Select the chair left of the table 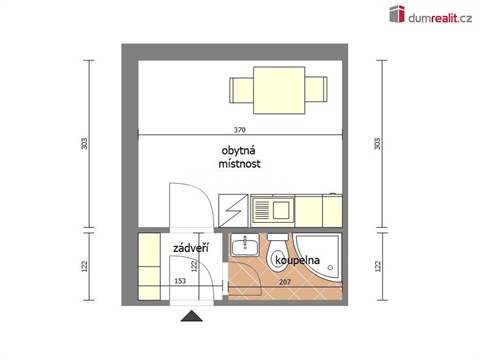point(241,90)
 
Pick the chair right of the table point(315,90)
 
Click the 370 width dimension point(239,130)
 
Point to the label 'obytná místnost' point(240,159)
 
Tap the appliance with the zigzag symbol point(232,211)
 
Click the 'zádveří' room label point(190,247)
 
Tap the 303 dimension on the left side point(83,144)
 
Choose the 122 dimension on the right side point(377,266)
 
